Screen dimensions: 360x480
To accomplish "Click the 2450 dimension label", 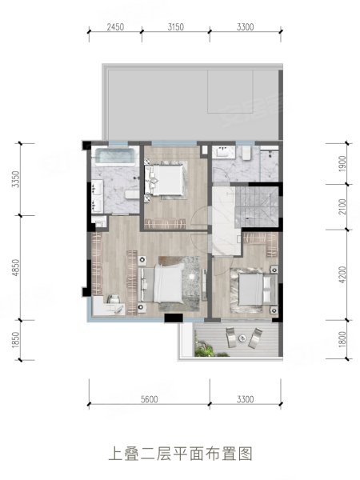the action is click(x=115, y=27).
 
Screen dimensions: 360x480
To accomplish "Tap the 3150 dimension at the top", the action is click(x=176, y=27).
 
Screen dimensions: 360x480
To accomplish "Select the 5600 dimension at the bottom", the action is click(x=150, y=399).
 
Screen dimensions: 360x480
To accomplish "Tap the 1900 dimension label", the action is click(x=342, y=164).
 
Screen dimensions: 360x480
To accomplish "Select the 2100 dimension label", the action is click(x=342, y=206).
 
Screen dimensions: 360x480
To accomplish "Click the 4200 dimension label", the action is click(x=342, y=274).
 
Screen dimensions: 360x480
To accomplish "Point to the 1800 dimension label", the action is click(x=342, y=339).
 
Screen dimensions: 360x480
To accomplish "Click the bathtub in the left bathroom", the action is click(x=115, y=157).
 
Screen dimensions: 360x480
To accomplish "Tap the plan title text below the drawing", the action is click(x=181, y=454).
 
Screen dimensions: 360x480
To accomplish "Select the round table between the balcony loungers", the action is click(x=242, y=338).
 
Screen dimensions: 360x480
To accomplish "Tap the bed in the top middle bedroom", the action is click(x=166, y=179).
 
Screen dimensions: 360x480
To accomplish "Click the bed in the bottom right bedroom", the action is click(x=251, y=290).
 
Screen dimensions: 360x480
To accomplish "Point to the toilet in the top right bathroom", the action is click(x=246, y=153).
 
